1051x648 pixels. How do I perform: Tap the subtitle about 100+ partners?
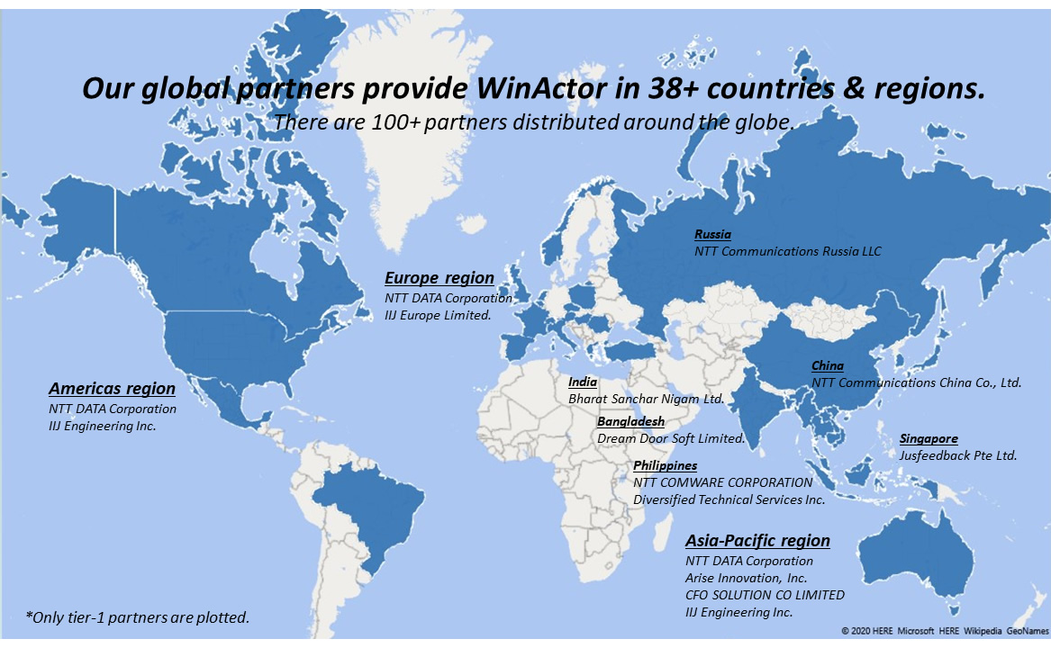tap(533, 122)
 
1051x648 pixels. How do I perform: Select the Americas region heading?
tap(112, 389)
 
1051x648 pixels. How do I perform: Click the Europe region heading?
tap(439, 278)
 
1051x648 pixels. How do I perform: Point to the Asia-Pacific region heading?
tap(757, 541)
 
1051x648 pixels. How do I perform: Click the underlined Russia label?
tap(712, 235)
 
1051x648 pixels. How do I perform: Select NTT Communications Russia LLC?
tap(787, 252)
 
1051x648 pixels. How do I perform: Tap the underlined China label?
tap(828, 366)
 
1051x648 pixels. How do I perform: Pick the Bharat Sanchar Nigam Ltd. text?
tap(646, 398)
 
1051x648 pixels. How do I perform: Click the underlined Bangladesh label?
tap(630, 421)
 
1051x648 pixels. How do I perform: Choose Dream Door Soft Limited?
tap(671, 439)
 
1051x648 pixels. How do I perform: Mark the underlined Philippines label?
tap(665, 466)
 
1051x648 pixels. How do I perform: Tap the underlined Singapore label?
tap(929, 439)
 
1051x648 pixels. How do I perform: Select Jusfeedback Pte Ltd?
tap(957, 456)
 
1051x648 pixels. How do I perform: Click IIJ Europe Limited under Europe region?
tap(437, 315)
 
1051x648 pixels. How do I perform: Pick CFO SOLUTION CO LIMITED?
tap(765, 595)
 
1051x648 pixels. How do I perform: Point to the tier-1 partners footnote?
tap(138, 617)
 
